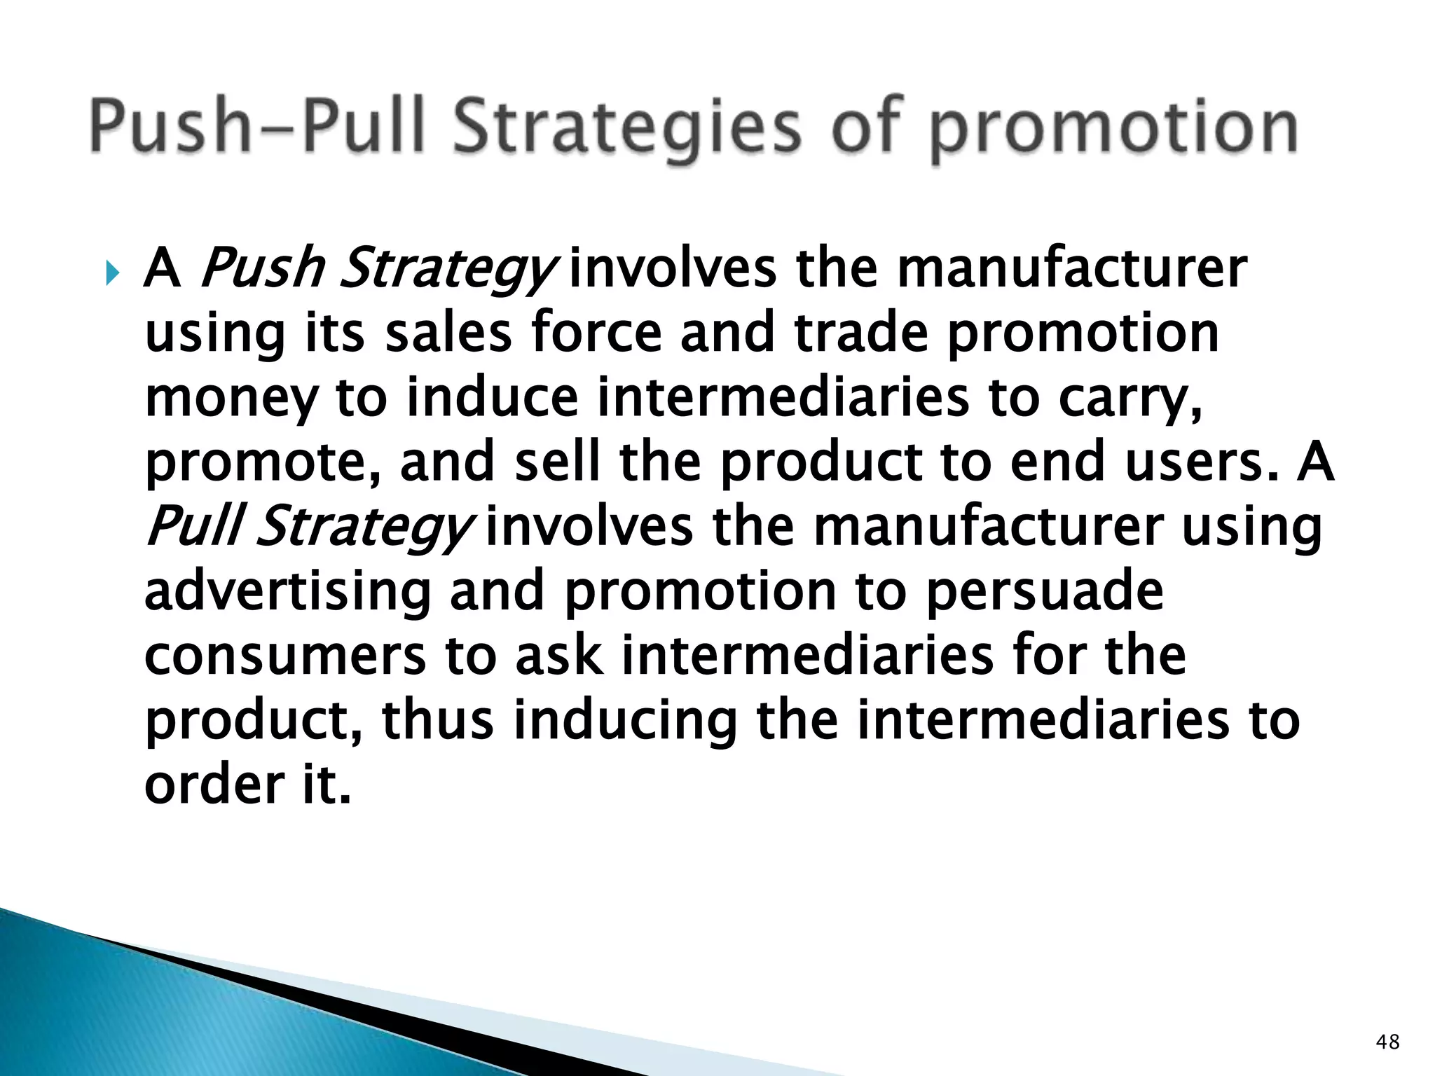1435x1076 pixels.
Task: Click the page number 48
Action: click(1387, 1042)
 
